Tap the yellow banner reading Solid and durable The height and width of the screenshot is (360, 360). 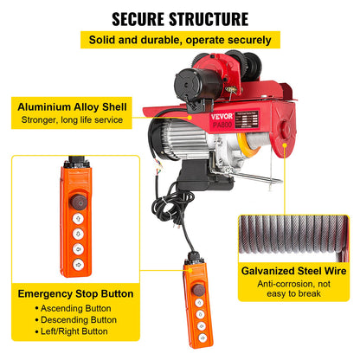[x=179, y=40]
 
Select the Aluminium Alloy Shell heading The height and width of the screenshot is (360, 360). [x=72, y=107]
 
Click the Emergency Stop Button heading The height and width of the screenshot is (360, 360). [x=75, y=293]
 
